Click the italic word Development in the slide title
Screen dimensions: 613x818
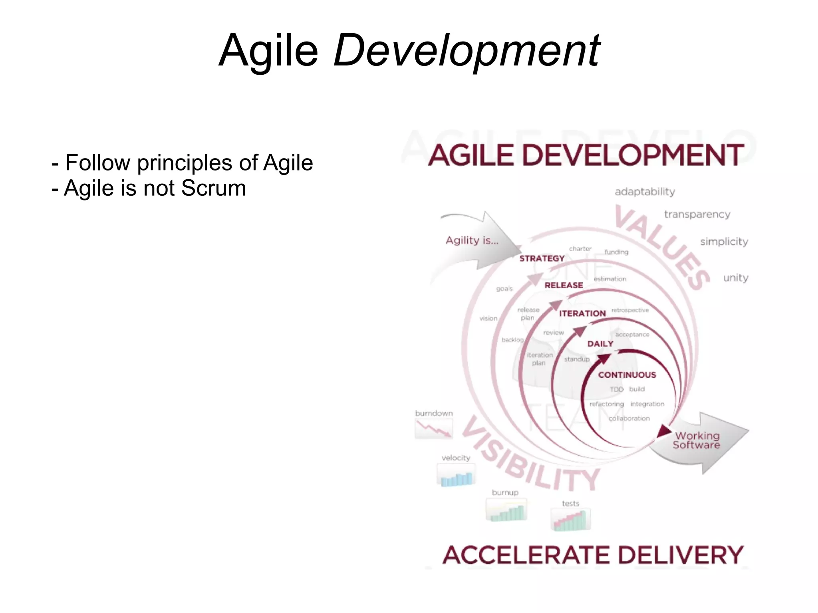point(466,51)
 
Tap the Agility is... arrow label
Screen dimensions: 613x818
point(472,240)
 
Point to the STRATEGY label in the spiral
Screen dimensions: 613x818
point(542,258)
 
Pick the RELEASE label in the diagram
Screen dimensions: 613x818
point(564,285)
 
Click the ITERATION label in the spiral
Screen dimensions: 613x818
point(582,313)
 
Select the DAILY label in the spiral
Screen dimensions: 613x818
point(600,344)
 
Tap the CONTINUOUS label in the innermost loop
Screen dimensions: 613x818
point(627,375)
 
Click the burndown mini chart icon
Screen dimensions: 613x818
point(434,430)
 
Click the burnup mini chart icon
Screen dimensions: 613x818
point(506,510)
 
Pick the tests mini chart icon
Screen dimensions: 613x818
point(570,520)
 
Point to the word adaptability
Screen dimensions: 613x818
point(645,192)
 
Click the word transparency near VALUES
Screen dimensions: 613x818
point(697,214)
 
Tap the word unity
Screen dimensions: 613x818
point(735,278)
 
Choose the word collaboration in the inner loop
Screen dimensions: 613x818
point(629,419)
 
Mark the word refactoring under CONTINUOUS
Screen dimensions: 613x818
point(606,404)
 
